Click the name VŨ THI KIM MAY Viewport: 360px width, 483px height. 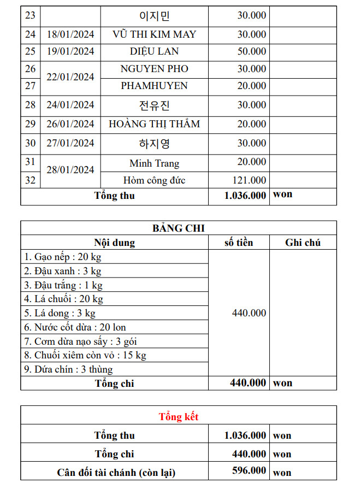pos(154,34)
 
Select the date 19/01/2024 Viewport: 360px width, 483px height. pos(70,52)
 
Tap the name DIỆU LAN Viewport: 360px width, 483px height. pos(154,52)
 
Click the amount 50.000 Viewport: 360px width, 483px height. pos(251,52)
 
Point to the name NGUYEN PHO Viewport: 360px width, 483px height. pos(154,69)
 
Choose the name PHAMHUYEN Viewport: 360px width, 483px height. pos(154,86)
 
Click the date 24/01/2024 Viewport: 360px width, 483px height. pos(70,105)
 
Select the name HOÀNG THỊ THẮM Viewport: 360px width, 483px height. pos(154,124)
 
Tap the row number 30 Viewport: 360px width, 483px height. pos(31,143)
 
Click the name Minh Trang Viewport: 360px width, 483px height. pos(154,163)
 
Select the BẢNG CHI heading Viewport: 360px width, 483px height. pos(179,228)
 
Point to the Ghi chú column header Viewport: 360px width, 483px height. pos(303,243)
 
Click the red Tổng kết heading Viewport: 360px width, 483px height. pos(179,417)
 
